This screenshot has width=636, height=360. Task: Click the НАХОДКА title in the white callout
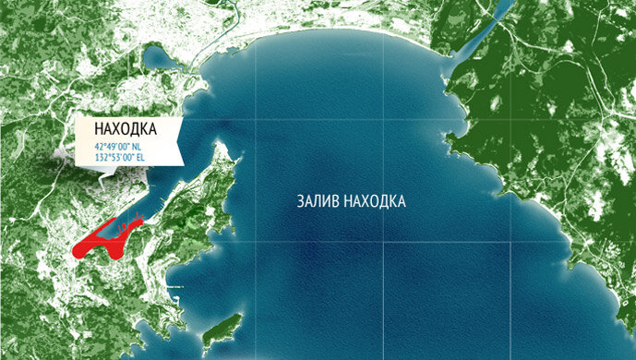click(x=116, y=128)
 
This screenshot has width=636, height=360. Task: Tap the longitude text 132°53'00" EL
click(x=118, y=157)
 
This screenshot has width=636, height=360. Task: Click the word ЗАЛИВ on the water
click(x=318, y=201)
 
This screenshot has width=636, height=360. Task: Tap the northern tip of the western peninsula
click(x=218, y=144)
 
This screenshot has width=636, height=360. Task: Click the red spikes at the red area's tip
click(x=138, y=220)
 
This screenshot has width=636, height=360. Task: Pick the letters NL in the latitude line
click(x=138, y=146)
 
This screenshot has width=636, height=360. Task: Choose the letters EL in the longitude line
click(x=142, y=157)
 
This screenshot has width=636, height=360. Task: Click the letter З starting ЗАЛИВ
click(x=301, y=201)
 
